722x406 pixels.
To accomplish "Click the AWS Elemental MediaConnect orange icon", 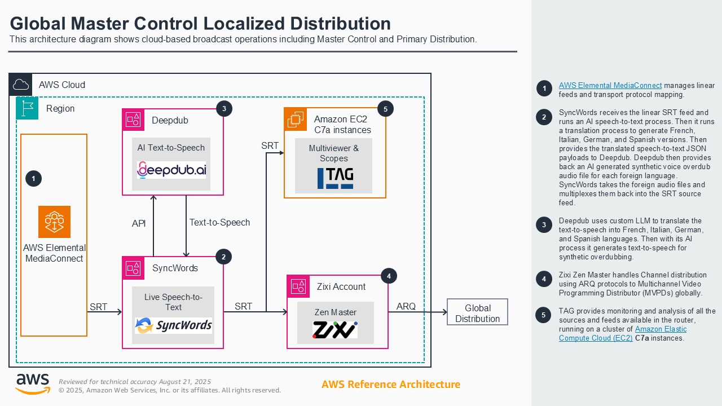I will pyautogui.click(x=54, y=222).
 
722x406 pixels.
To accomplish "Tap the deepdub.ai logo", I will pyautogui.click(x=172, y=169).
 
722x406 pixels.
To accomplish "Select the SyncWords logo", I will pyautogui.click(x=173, y=325).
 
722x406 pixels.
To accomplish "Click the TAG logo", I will pyautogui.click(x=335, y=178).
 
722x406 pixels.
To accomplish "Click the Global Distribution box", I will pyautogui.click(x=477, y=312).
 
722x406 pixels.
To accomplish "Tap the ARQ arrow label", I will pyautogui.click(x=406, y=306).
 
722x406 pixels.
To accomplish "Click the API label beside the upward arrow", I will pyautogui.click(x=139, y=223).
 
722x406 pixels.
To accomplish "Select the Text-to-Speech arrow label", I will pyautogui.click(x=219, y=222).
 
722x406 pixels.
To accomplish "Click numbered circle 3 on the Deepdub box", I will pyautogui.click(x=224, y=108).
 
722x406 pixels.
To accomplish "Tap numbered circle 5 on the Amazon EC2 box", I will pyautogui.click(x=385, y=109).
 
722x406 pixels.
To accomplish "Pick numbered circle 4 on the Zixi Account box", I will pyautogui.click(x=388, y=276).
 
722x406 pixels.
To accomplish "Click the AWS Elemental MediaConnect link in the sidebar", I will pyautogui.click(x=610, y=86).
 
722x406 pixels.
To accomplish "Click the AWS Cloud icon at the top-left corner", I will pyautogui.click(x=21, y=85).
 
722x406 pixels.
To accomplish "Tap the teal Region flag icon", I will pyautogui.click(x=27, y=108).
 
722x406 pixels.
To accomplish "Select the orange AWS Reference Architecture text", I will pyautogui.click(x=391, y=385).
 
